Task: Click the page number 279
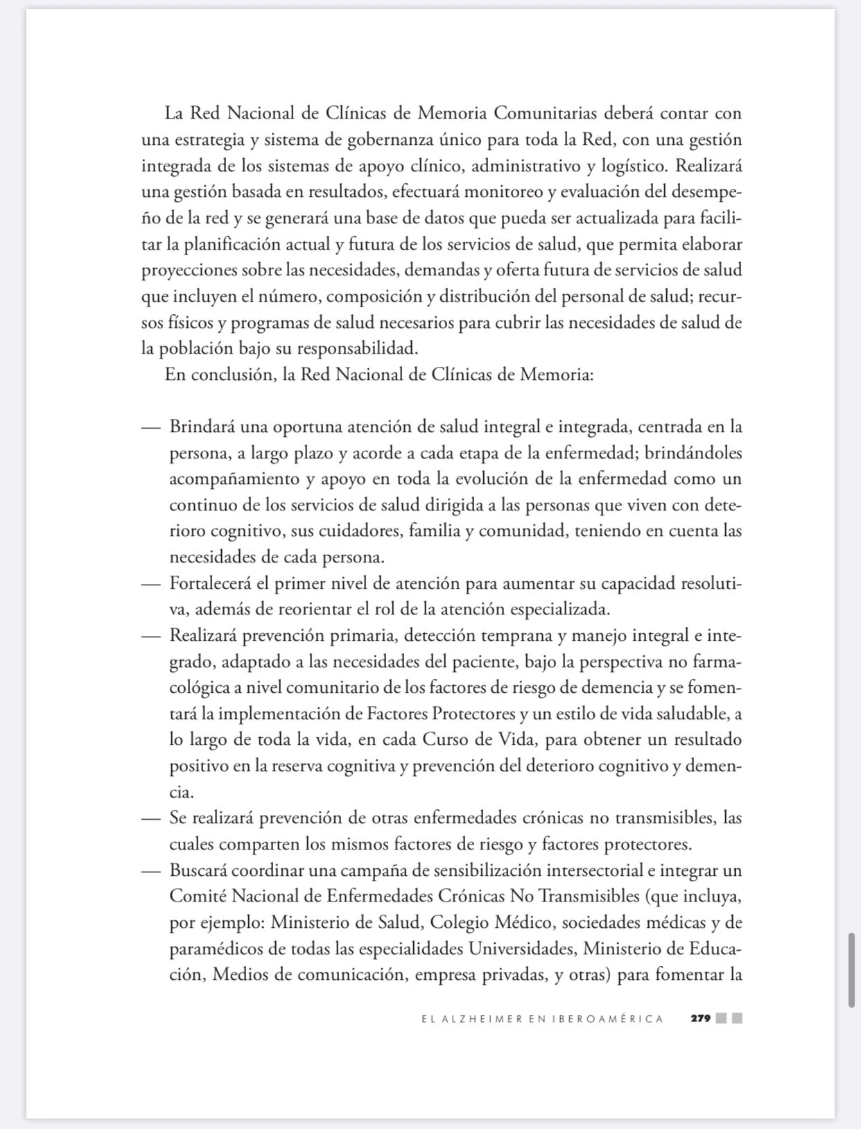pyautogui.click(x=700, y=1019)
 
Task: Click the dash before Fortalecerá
pyautogui.click(x=150, y=584)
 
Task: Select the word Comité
pyautogui.click(x=197, y=897)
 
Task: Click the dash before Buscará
pyautogui.click(x=150, y=871)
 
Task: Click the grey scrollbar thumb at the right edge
pyautogui.click(x=851, y=970)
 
